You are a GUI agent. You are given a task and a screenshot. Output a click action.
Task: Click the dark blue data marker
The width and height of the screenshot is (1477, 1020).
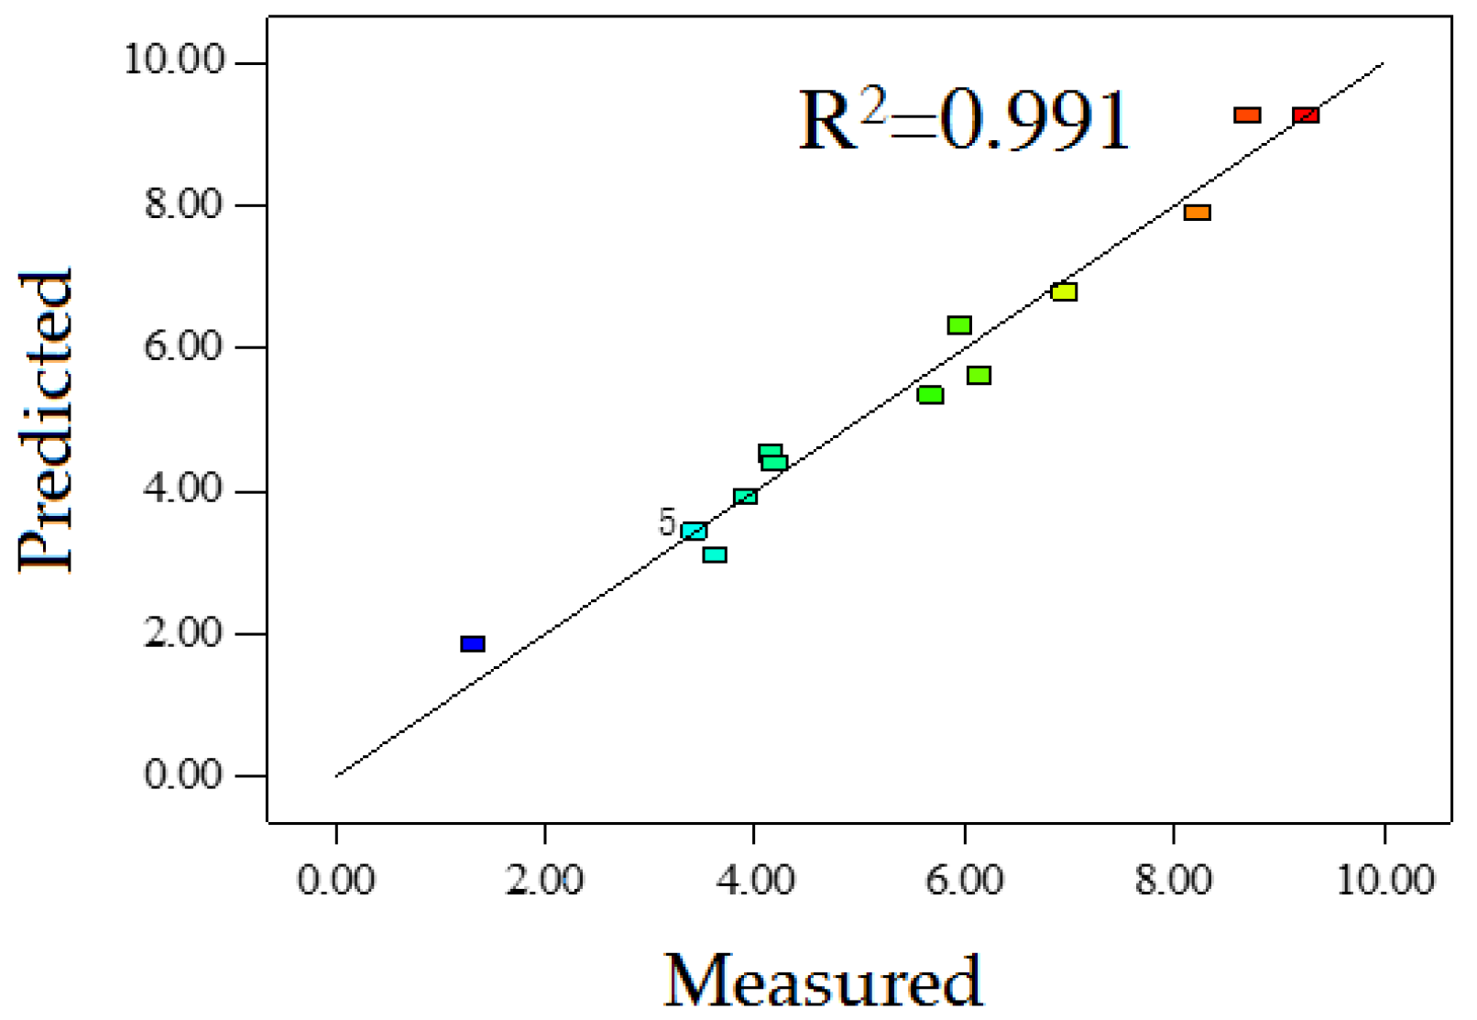(473, 644)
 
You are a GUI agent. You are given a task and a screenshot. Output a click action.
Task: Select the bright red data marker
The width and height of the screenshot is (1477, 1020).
(1306, 115)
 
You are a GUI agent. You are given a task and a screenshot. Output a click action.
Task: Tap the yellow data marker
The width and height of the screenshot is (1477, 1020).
(1064, 292)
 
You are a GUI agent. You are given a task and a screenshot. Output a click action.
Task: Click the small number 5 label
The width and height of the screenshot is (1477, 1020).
(667, 523)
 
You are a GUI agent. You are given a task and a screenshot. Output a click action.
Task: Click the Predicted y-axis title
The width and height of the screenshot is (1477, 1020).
(46, 422)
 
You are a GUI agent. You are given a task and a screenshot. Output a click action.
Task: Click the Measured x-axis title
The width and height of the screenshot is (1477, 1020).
(823, 982)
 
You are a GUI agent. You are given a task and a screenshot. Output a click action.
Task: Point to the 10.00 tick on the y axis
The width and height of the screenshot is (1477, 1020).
(174, 61)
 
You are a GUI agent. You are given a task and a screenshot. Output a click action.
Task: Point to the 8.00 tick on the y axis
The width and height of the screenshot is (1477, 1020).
(183, 204)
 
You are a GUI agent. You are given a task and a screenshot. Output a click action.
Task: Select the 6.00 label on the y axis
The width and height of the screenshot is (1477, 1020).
(183, 347)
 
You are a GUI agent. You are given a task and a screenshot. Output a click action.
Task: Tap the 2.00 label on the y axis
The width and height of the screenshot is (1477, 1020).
(183, 633)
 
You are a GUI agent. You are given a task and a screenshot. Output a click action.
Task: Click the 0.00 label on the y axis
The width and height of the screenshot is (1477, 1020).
(183, 775)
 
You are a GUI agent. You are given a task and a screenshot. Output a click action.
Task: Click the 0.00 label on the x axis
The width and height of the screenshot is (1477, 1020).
(336, 881)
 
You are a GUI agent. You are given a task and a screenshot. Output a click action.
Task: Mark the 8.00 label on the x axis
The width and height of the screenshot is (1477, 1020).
(1174, 881)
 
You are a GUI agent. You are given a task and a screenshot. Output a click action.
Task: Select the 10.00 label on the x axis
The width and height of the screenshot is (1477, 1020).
(1384, 881)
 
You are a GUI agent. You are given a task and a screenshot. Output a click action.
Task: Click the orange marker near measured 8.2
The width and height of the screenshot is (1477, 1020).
(1198, 213)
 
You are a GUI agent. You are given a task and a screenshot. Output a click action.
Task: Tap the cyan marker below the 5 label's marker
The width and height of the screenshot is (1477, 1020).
(715, 555)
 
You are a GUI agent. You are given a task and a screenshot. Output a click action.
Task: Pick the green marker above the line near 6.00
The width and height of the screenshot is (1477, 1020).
(959, 325)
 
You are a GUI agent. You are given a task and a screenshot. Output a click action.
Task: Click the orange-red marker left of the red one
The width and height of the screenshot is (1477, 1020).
(1247, 115)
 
